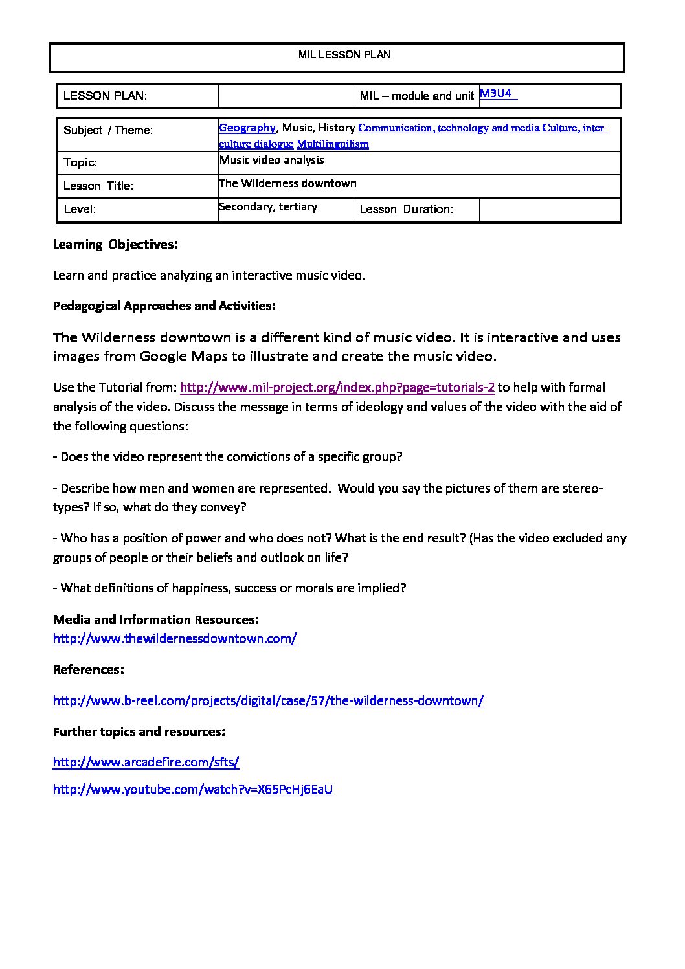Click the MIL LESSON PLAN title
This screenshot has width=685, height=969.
pos(344,55)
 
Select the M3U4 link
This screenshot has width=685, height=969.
pos(496,94)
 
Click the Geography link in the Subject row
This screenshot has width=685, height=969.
pos(247,128)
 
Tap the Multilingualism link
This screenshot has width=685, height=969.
pos(332,144)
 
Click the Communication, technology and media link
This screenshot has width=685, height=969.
pos(448,128)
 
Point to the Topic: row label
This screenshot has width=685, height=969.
pos(80,162)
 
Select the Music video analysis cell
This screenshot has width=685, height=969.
pos(272,160)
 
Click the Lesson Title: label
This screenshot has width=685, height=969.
pos(98,186)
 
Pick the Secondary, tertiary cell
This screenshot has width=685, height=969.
pos(268,206)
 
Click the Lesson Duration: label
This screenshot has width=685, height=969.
pos(406,209)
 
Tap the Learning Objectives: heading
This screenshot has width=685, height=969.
pos(115,245)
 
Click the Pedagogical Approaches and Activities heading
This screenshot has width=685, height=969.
pos(164,306)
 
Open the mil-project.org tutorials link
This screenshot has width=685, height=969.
pos(337,388)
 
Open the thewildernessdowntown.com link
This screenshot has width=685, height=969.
pos(175,639)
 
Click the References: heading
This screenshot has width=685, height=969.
pos(89,669)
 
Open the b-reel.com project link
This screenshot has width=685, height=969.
pos(268,700)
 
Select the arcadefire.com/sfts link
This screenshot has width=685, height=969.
pos(146,763)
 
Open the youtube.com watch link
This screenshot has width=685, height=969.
pos(193,790)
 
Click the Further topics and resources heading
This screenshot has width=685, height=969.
pos(139,731)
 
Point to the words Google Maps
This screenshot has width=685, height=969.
pos(184,356)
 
